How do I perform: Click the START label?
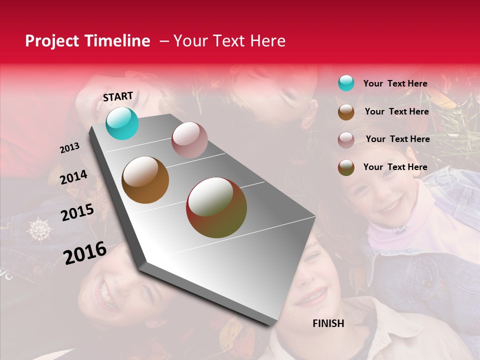pyautogui.click(x=118, y=96)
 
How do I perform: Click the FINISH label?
pyautogui.click(x=328, y=323)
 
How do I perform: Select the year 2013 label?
pyautogui.click(x=69, y=148)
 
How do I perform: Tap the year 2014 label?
pyautogui.click(x=73, y=177)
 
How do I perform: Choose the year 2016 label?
pyautogui.click(x=84, y=252)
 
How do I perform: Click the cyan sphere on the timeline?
pyautogui.click(x=122, y=123)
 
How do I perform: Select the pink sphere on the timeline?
pyautogui.click(x=189, y=140)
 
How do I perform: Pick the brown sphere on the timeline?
pyautogui.click(x=145, y=180)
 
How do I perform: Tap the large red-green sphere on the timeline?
pyautogui.click(x=216, y=207)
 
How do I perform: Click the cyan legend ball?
pyautogui.click(x=346, y=83)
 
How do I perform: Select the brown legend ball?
pyautogui.click(x=346, y=111)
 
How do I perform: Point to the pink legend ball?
pyautogui.click(x=346, y=139)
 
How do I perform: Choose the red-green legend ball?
pyautogui.click(x=346, y=167)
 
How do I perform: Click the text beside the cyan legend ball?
pyautogui.click(x=395, y=83)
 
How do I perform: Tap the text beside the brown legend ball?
pyautogui.click(x=396, y=111)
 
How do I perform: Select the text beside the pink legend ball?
pyautogui.click(x=397, y=139)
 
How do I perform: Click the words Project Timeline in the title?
pyautogui.click(x=87, y=41)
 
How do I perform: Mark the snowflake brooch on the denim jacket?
pyautogui.click(x=38, y=229)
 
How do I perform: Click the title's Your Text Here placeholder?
pyautogui.click(x=229, y=41)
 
